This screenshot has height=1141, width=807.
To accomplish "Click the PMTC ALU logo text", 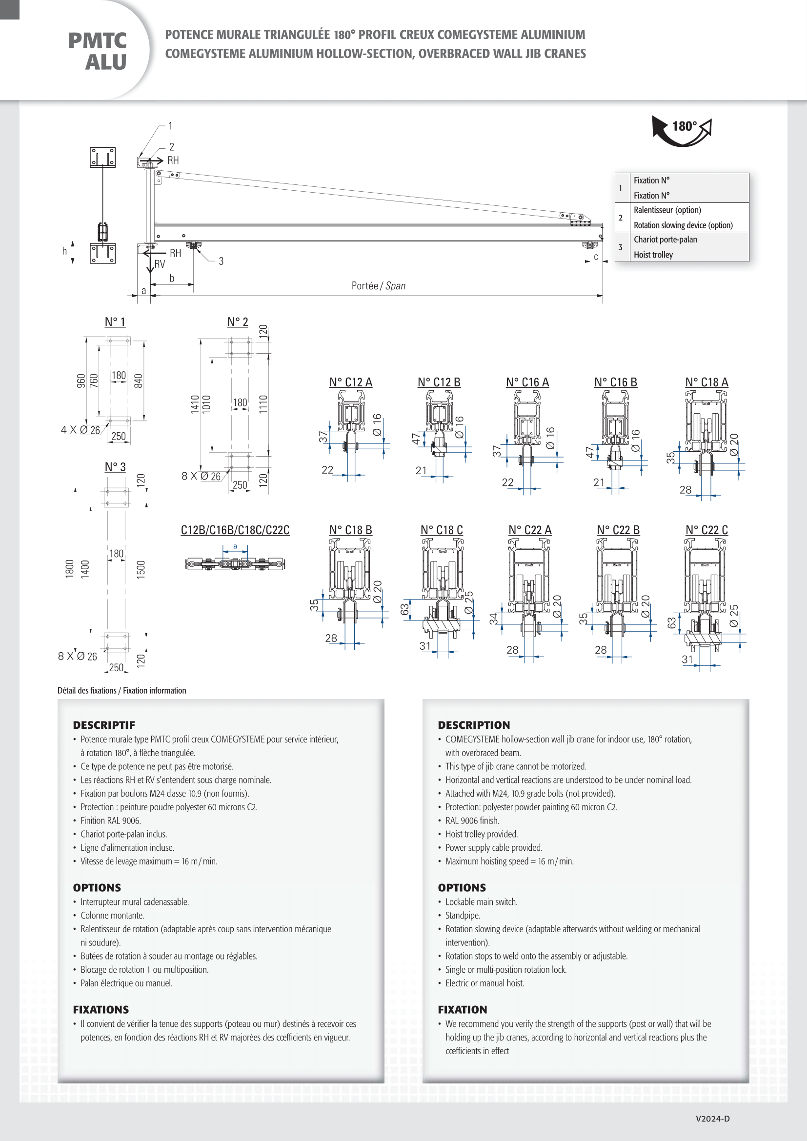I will click(x=98, y=51).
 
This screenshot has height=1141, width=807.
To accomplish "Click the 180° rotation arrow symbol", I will click(x=682, y=130).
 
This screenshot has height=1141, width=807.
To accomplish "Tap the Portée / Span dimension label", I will click(x=378, y=286).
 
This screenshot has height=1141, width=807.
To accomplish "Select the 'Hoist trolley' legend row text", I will click(x=653, y=255).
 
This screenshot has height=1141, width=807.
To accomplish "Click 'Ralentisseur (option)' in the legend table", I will click(x=667, y=210).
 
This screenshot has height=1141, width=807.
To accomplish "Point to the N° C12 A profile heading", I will click(x=350, y=382).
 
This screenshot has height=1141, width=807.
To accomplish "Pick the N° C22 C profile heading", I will click(x=706, y=530).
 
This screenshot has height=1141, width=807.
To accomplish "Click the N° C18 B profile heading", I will click(x=350, y=530).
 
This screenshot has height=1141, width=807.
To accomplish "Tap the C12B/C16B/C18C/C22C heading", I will click(x=235, y=530).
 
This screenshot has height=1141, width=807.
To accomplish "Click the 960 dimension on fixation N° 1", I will click(x=81, y=380).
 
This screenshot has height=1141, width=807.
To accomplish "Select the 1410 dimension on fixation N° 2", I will click(x=195, y=404).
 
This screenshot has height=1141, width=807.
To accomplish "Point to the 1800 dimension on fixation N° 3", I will click(x=70, y=568).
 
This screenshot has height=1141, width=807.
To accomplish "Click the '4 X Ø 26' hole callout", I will click(x=81, y=430).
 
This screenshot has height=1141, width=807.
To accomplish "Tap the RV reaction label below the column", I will click(x=160, y=264).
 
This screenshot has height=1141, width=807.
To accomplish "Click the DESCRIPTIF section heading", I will click(x=104, y=725).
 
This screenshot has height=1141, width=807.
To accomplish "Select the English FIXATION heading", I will click(x=462, y=1009).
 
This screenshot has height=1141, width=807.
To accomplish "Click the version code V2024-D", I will click(x=712, y=1119).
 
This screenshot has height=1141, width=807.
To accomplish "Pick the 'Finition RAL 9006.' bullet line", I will click(x=111, y=821).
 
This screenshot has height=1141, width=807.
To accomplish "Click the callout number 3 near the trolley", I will click(x=221, y=261).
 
